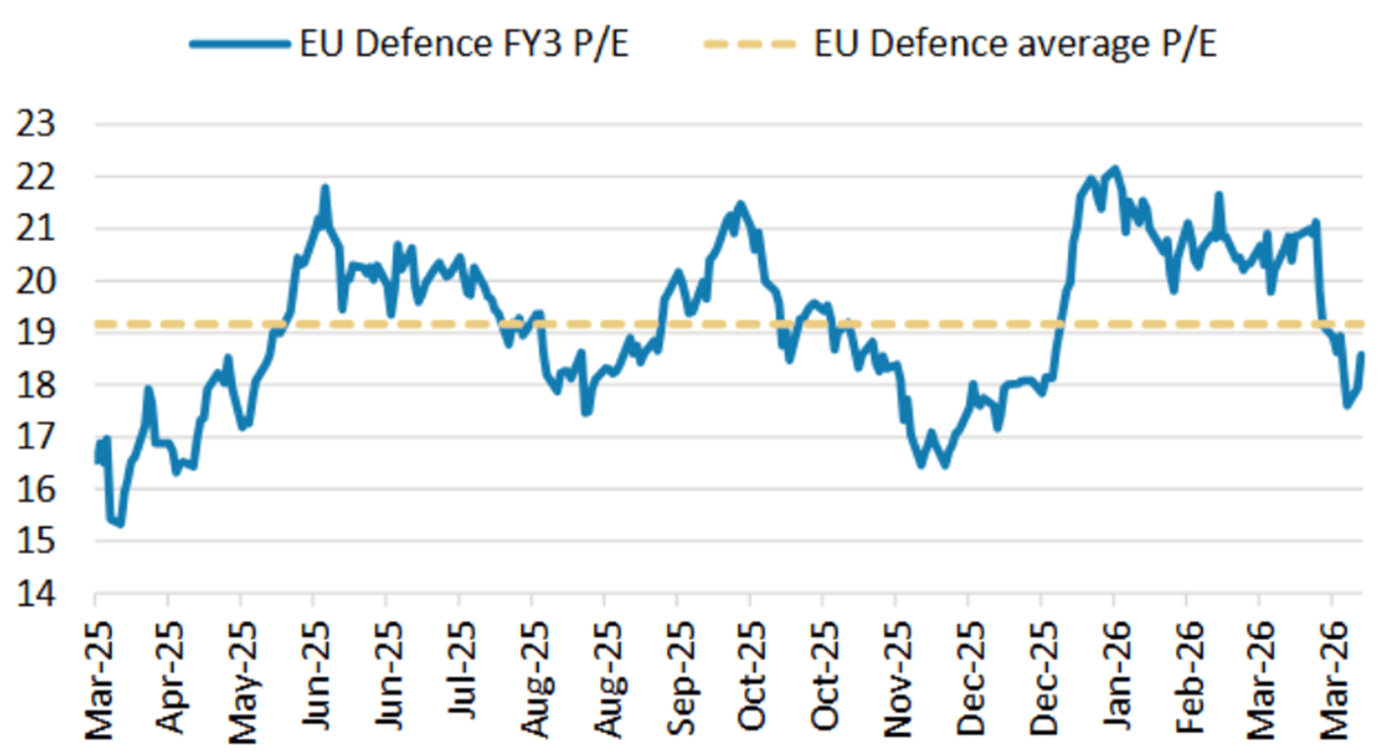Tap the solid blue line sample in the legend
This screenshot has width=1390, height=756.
(x=238, y=44)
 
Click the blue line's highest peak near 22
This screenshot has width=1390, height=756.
(x=1115, y=168)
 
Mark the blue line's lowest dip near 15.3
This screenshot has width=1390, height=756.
(x=120, y=524)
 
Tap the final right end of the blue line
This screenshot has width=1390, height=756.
(x=1361, y=354)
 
